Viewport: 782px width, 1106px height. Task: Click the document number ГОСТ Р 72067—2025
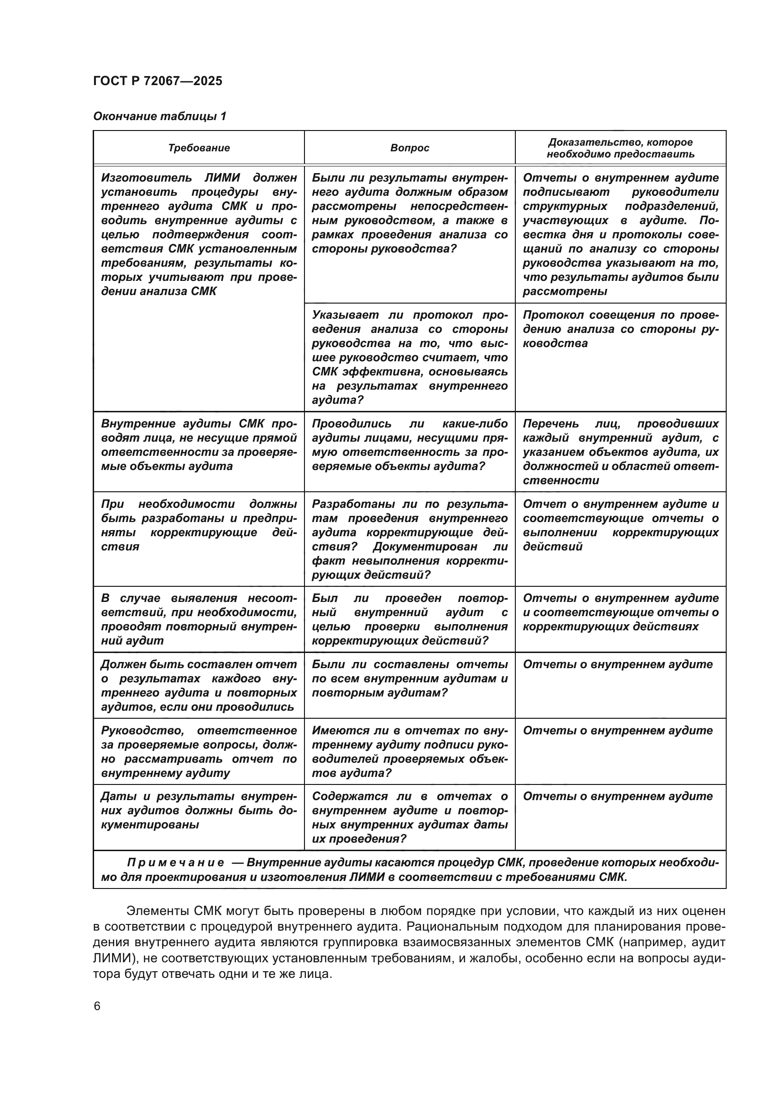(157, 81)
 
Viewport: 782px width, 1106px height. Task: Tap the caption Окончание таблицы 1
(159, 116)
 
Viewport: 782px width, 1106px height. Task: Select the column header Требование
(199, 148)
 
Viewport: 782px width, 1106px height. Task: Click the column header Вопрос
(409, 148)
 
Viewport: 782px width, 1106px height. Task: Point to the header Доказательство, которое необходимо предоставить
(620, 148)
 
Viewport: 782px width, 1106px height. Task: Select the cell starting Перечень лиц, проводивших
(620, 452)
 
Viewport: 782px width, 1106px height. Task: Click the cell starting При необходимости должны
(199, 525)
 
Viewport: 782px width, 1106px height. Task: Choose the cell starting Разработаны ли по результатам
(409, 539)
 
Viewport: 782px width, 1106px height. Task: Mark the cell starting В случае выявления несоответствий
(199, 619)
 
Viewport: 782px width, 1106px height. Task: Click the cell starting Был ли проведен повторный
(409, 619)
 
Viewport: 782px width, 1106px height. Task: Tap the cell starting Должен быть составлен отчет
(199, 686)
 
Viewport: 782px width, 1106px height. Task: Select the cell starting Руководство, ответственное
(199, 751)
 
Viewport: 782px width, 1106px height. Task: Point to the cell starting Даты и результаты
(199, 810)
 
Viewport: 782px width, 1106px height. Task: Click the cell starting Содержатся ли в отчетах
(409, 818)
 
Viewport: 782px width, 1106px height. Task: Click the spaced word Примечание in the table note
(175, 863)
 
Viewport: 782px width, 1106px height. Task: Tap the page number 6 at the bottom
(97, 1006)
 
